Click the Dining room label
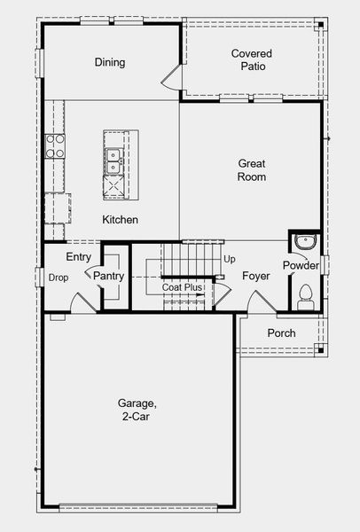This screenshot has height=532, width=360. point(110,63)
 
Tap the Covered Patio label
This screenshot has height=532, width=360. point(252,59)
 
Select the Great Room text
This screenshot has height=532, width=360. point(252,170)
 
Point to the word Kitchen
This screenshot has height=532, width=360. point(120,220)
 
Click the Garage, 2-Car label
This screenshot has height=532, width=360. point(137,409)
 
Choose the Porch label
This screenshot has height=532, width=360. point(281,333)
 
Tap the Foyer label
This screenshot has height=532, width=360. point(256,277)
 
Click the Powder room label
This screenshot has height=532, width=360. point(301,266)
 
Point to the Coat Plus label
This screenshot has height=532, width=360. point(182,287)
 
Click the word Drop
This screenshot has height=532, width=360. point(59,278)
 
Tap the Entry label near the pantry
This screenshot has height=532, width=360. point(78,257)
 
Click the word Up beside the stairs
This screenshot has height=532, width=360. point(230,259)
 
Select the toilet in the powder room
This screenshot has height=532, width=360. point(306,293)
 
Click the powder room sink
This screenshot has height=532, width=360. point(304,241)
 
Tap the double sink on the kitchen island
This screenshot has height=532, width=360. point(113,160)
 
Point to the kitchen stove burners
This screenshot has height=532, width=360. point(55,145)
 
